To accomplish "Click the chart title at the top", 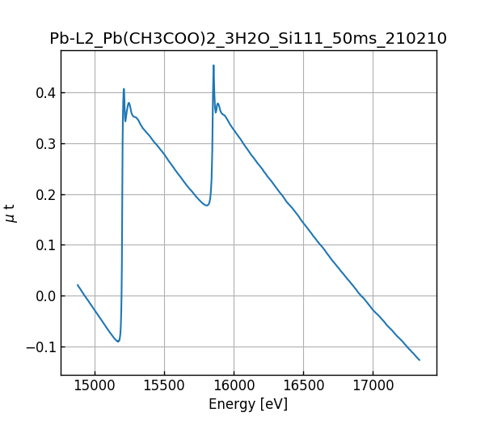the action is [x=248, y=39].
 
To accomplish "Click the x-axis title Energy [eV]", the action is [x=248, y=404].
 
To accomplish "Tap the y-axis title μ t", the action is [x=11, y=213].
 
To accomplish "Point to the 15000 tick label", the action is [x=95, y=385].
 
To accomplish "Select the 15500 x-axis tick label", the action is [x=164, y=385].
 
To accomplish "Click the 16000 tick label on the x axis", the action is [x=234, y=385].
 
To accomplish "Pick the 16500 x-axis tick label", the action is [x=303, y=385].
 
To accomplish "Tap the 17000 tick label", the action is [x=373, y=385].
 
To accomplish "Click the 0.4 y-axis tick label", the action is [x=46, y=93].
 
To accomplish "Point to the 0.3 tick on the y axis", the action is [x=46, y=144].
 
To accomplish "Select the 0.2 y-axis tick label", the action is [x=46, y=195].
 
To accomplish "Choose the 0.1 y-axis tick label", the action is [x=46, y=245].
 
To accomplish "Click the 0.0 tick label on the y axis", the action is [x=46, y=296].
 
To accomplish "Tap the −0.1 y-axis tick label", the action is [x=41, y=347].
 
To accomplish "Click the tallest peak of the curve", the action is [x=213, y=66].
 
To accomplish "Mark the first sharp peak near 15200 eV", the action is [x=124, y=89].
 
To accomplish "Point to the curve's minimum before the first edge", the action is [x=118, y=342].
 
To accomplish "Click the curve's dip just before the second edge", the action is [x=207, y=205].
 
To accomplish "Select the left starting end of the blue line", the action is [x=78, y=285].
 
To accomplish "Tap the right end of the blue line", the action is [x=420, y=360].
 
